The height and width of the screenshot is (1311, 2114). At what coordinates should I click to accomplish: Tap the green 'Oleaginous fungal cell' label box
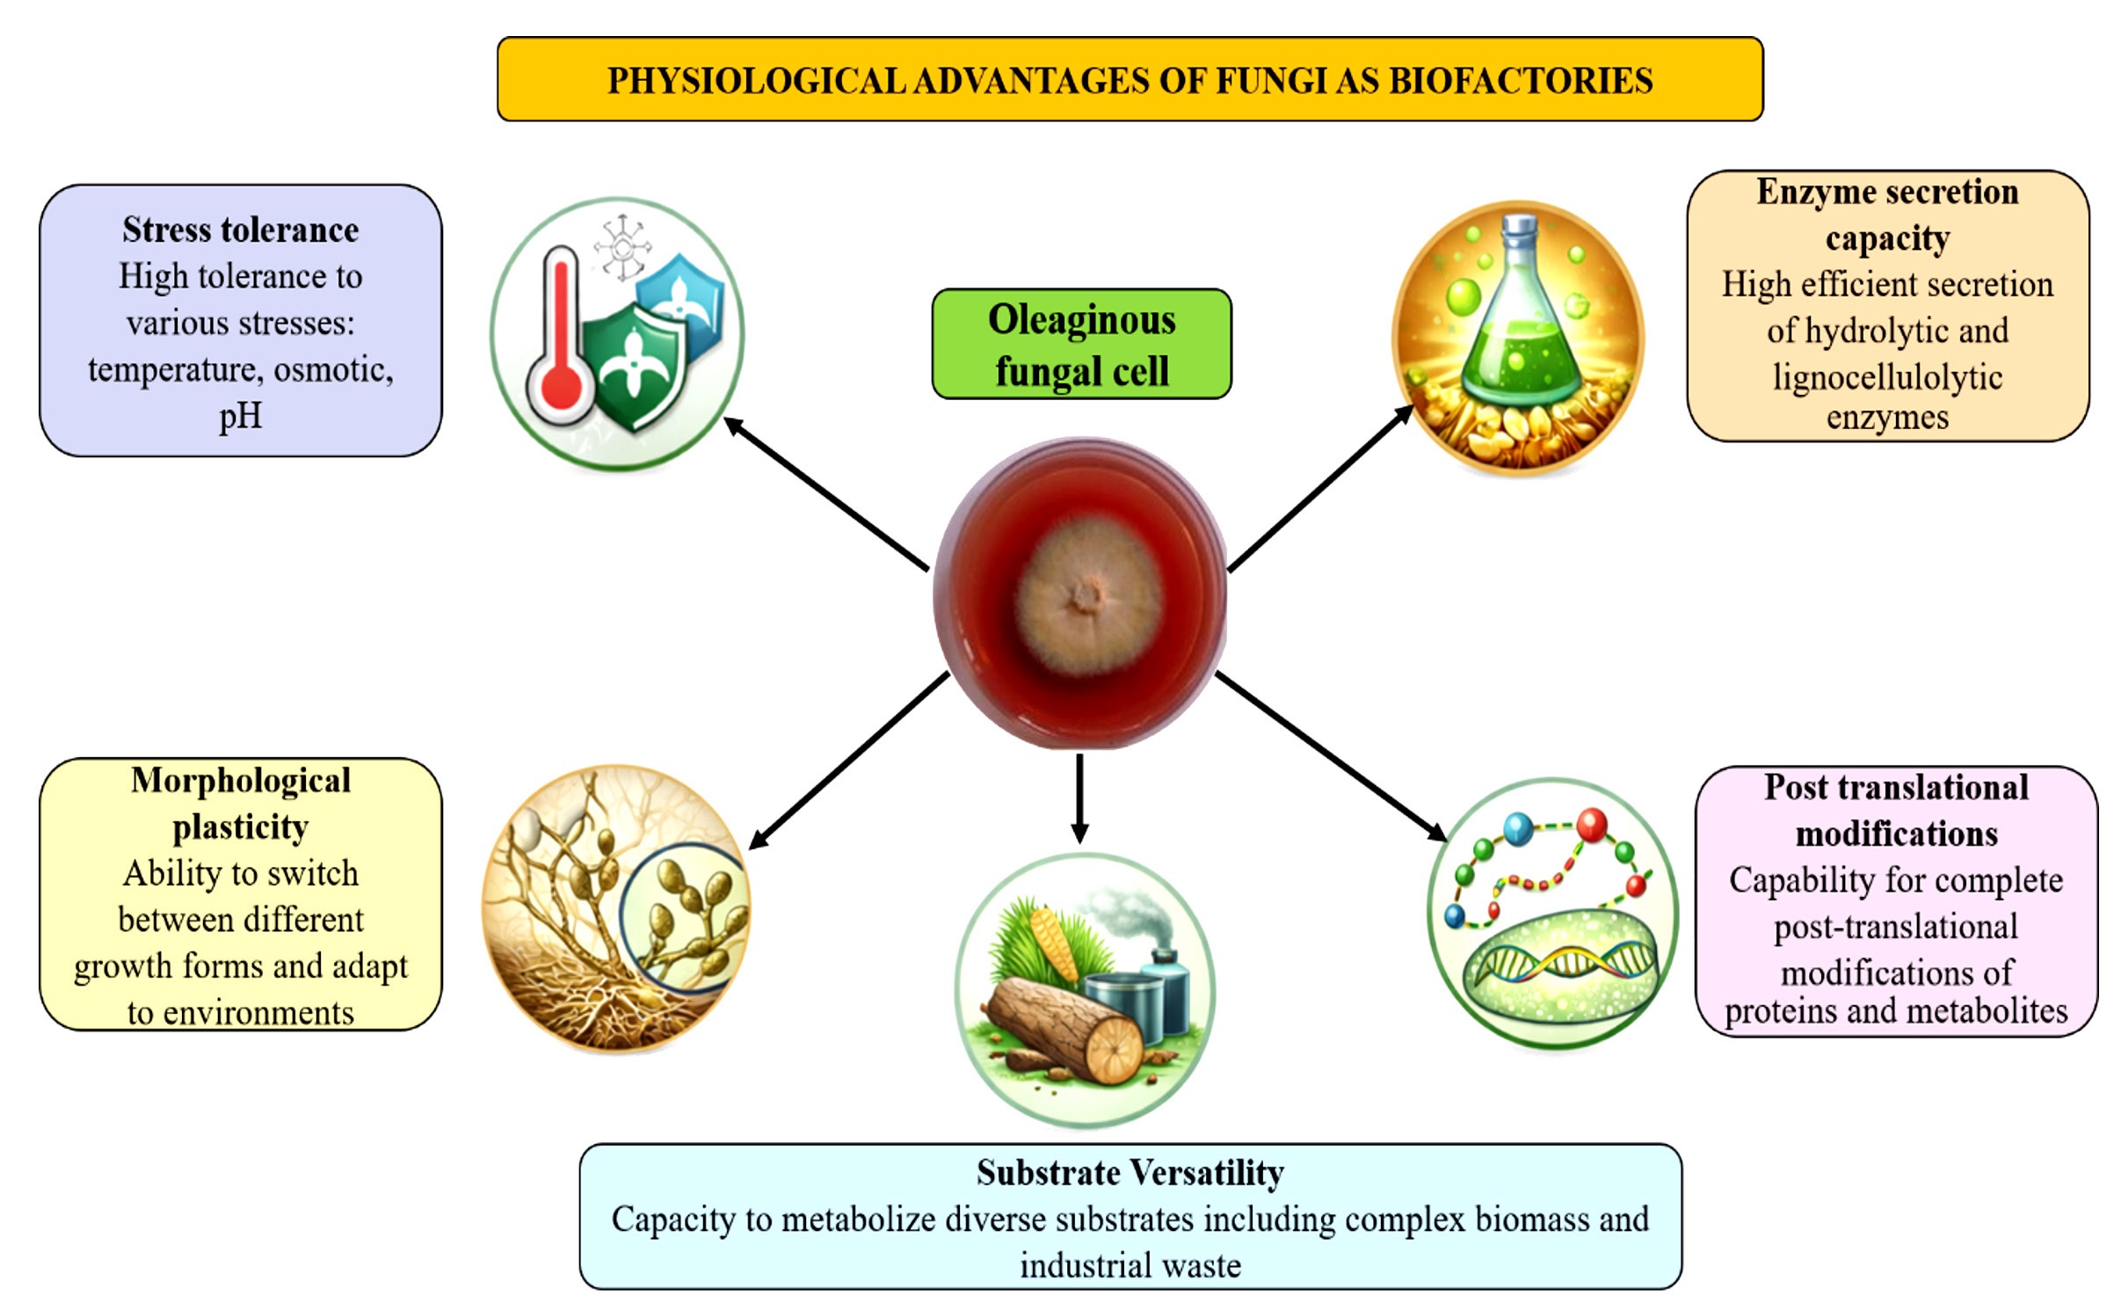coord(1081,344)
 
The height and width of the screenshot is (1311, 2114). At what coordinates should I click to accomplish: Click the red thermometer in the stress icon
coord(560,339)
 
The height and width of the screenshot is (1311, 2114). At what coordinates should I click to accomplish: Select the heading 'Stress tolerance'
coord(241,230)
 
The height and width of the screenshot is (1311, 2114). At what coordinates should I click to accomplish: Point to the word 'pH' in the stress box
coord(241,416)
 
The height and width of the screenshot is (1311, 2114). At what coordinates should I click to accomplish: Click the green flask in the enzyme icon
coord(1519,317)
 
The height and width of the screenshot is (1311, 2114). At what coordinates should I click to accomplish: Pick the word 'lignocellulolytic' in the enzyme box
coord(1887,377)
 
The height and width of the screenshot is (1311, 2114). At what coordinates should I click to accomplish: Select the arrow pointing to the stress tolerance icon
coord(826,495)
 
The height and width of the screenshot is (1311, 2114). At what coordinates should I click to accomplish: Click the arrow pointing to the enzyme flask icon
coord(1320,489)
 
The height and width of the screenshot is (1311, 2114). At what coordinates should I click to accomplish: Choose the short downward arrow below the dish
coord(1080,798)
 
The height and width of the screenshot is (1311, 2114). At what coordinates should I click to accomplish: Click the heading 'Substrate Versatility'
coord(1130,1173)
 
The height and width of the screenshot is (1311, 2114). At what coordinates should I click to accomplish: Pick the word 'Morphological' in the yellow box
coord(241,781)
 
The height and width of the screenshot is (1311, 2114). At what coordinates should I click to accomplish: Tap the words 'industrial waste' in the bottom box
coord(1130,1266)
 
